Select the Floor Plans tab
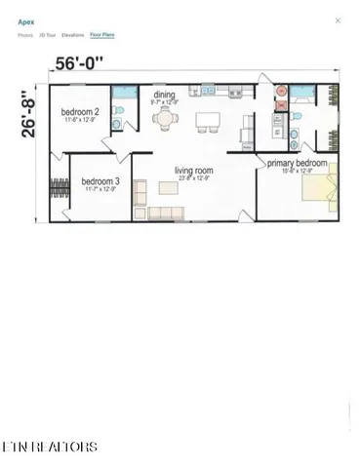(101, 34)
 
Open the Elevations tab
(73, 34)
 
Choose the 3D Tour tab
(47, 34)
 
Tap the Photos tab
(24, 34)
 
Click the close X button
(339, 19)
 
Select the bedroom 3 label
(100, 181)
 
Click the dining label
(164, 96)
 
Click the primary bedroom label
(297, 163)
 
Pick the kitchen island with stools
(207, 122)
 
